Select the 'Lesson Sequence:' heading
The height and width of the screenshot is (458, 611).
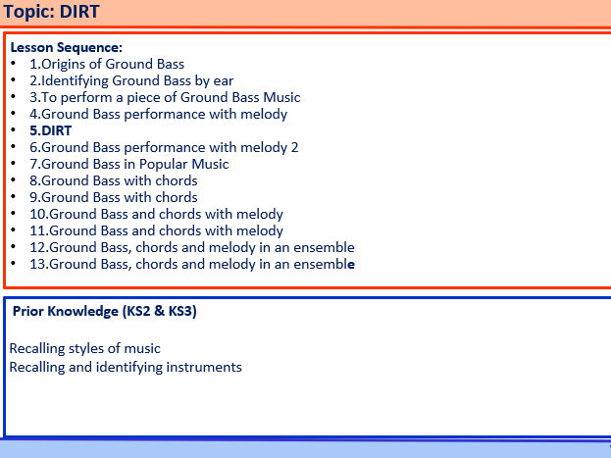66,47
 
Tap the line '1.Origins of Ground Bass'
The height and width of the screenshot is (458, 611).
106,64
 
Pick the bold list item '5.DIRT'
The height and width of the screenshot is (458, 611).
50,130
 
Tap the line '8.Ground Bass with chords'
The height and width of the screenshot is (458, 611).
113,180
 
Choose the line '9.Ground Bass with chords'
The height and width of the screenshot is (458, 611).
113,197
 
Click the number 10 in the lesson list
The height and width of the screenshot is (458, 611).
37,214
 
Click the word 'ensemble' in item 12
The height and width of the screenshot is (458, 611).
323,247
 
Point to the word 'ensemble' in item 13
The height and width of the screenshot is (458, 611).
323,264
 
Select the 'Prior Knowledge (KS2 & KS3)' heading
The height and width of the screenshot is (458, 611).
105,312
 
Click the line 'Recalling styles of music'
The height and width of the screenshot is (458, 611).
84,348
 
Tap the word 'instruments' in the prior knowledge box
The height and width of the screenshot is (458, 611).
203,367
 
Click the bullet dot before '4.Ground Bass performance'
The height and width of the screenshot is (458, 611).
13,115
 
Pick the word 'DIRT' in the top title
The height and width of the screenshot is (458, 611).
79,12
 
